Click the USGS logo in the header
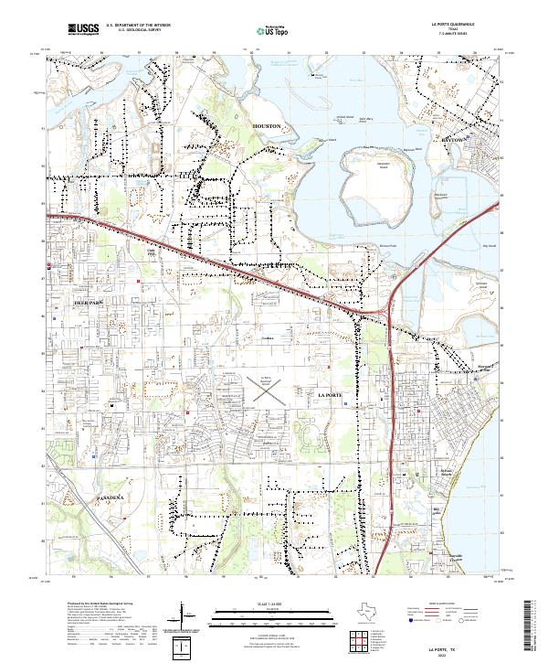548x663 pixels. tap(83, 29)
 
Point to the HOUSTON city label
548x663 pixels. tap(268, 125)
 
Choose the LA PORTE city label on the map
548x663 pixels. tap(330, 393)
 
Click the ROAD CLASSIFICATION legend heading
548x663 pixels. tap(438, 605)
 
